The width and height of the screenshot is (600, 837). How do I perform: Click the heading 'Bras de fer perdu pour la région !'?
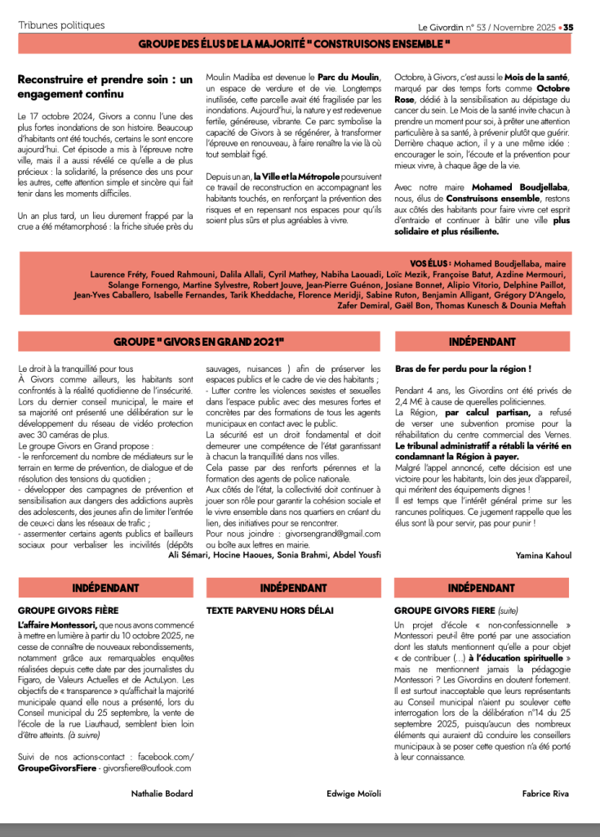(x=463, y=369)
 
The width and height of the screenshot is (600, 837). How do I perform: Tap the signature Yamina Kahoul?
(x=543, y=555)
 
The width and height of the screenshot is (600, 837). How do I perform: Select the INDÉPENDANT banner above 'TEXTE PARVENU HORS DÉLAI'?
(x=293, y=588)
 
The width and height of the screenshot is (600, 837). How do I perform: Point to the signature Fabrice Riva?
(x=544, y=794)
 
